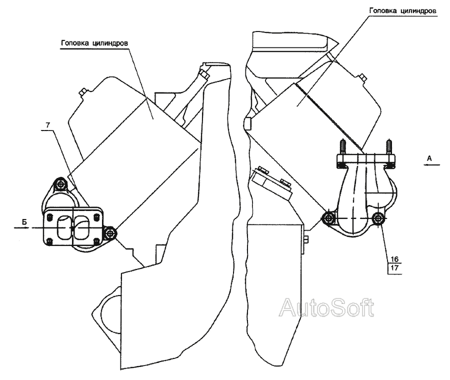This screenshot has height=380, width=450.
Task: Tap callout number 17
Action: click(394, 268)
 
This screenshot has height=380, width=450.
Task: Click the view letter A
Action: click(429, 158)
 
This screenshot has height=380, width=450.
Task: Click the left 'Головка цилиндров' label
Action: click(95, 43)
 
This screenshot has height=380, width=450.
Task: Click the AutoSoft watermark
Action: click(326, 308)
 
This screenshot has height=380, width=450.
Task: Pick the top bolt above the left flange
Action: click(61, 184)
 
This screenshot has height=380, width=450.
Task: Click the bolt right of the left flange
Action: click(110, 232)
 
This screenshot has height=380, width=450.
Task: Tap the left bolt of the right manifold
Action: click(329, 217)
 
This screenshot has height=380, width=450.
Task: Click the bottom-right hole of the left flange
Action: click(98, 242)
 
